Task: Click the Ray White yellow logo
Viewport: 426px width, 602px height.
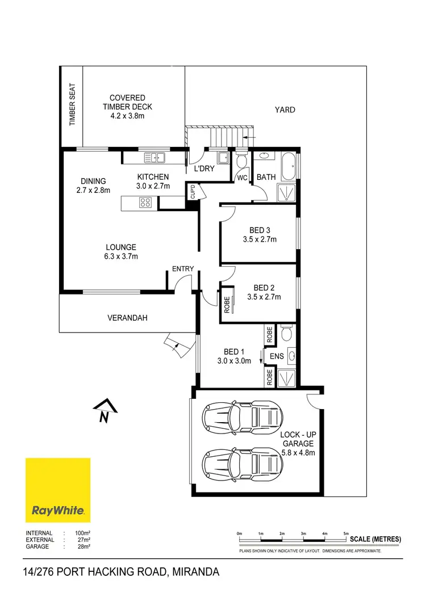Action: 58,490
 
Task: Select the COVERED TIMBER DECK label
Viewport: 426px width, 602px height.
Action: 127,107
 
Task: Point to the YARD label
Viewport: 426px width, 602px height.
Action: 285,110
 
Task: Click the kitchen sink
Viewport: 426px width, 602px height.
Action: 154,157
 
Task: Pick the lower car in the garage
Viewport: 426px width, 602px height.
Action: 243,462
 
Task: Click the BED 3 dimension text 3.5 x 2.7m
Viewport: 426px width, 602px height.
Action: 258,239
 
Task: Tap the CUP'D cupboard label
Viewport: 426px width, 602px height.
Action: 193,192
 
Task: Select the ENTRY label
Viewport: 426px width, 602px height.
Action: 183,269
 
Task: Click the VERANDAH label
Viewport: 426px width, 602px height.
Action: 127,318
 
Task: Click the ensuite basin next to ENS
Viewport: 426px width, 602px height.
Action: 291,356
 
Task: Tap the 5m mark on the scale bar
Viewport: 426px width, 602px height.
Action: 346,534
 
